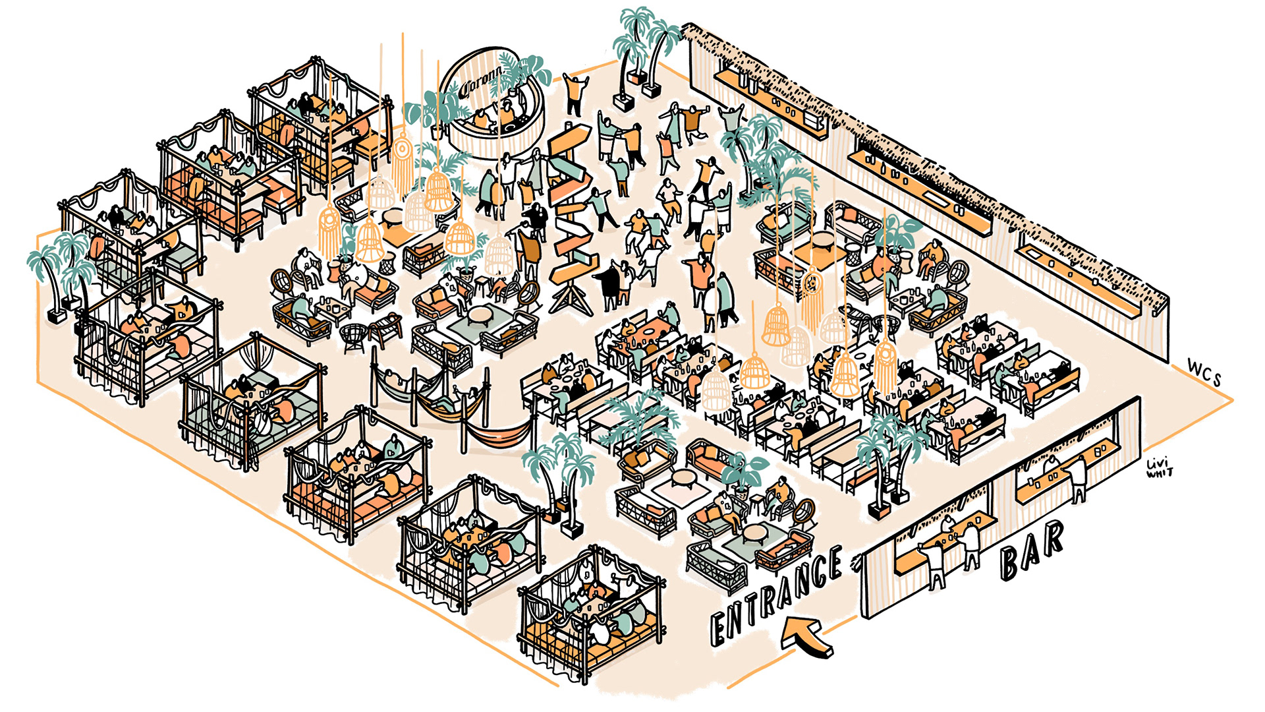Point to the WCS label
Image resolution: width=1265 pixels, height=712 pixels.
tap(1205, 373)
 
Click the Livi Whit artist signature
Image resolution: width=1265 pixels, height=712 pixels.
tap(1160, 467)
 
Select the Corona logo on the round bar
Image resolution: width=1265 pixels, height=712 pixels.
tap(480, 85)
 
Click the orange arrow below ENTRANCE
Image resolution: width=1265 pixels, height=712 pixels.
tap(806, 636)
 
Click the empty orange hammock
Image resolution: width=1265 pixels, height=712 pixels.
tap(497, 435)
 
